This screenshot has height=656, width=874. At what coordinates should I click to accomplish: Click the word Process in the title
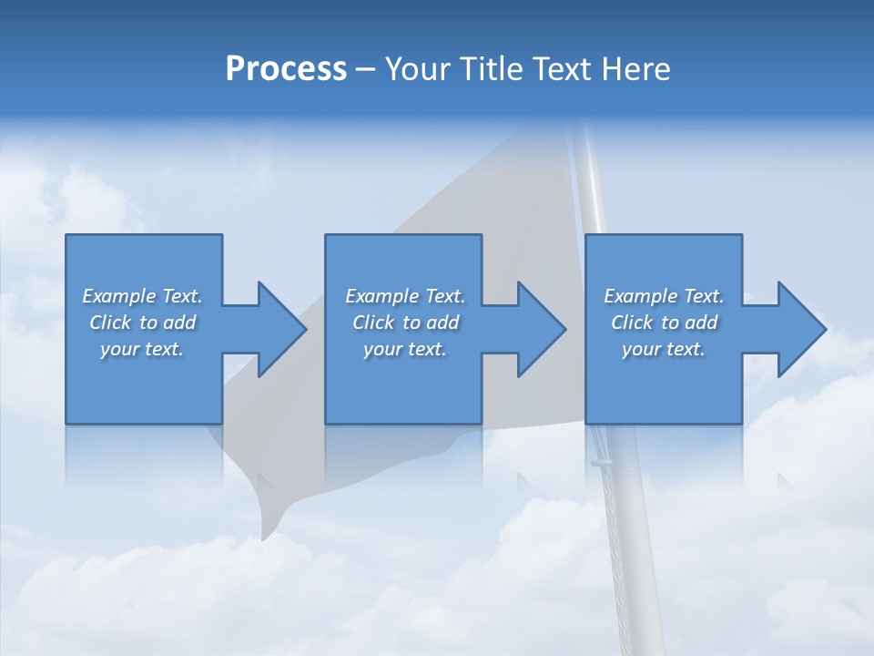coord(286,69)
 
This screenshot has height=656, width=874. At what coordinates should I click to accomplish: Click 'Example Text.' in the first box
coord(142,296)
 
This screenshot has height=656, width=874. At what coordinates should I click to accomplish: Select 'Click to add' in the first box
coord(142,323)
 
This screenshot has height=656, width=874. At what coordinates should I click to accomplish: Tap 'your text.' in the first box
coord(142,349)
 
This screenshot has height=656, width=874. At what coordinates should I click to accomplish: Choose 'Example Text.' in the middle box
coord(405,296)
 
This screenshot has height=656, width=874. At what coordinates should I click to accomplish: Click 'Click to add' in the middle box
coord(405,323)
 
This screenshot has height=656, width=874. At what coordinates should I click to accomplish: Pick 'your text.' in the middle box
coord(405,349)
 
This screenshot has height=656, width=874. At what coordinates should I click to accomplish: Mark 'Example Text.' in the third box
coord(664,296)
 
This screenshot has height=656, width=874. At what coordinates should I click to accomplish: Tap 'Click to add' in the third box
coord(664,323)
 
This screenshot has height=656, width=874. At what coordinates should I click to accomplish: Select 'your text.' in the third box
coord(664,349)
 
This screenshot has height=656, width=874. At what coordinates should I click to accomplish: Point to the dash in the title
coord(366,70)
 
